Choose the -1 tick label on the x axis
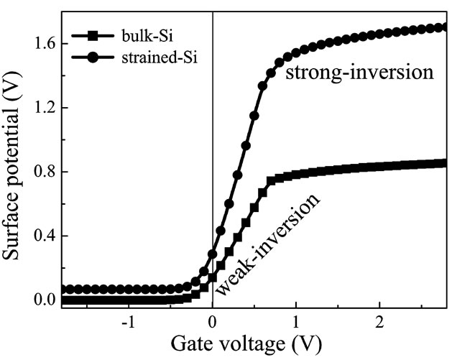pos(128,321)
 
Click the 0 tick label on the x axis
pos(213,321)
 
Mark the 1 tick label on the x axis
pos(297,321)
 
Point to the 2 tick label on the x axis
pos(380,321)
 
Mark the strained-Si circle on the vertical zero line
pos(213,254)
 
